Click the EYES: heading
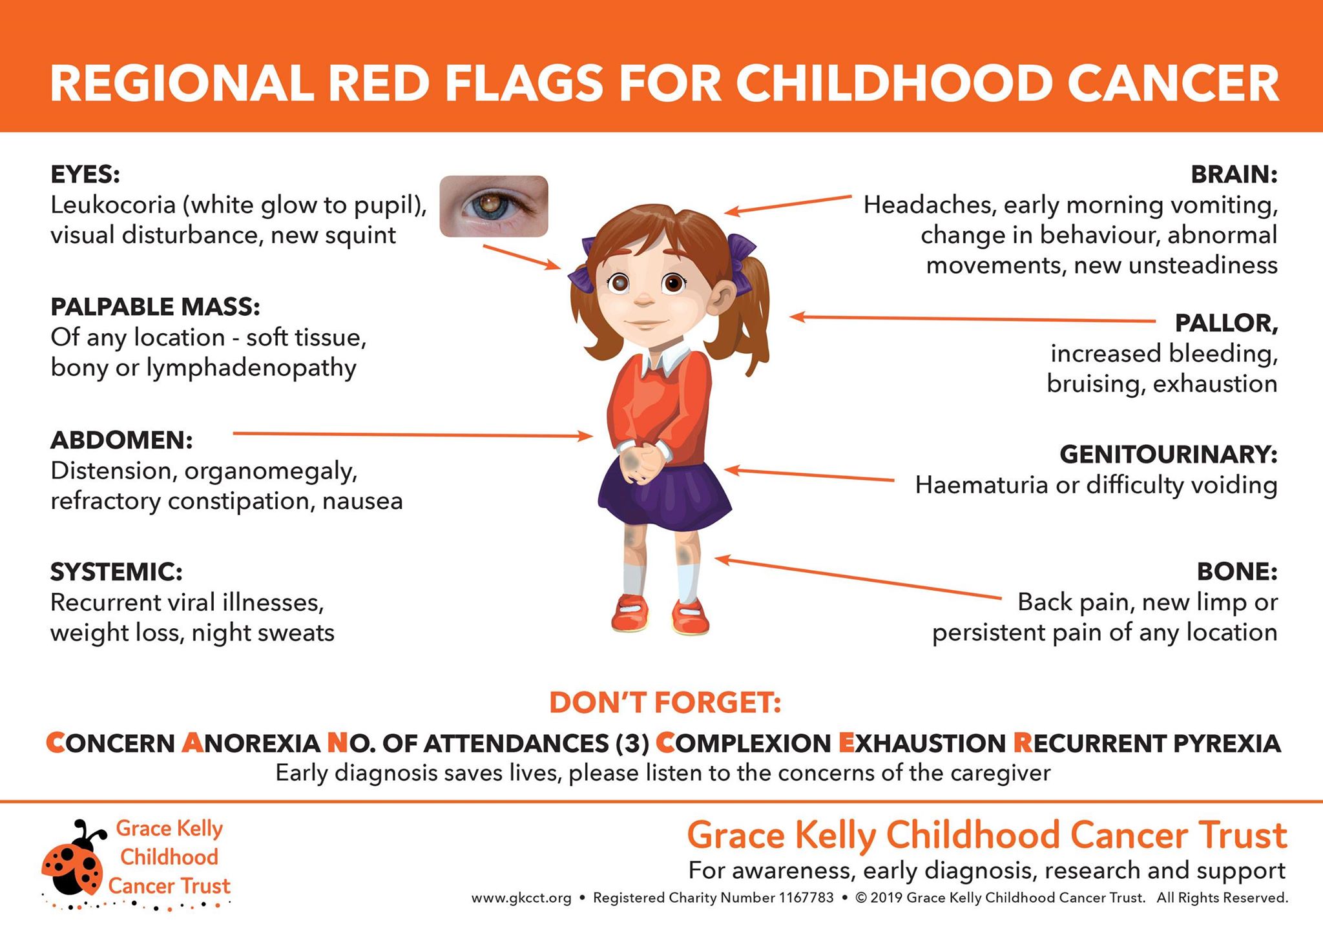point(85,174)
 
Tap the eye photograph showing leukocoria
point(494,206)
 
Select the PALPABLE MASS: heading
point(155,307)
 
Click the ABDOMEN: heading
point(121,440)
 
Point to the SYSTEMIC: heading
point(116,572)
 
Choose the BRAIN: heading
point(1234,174)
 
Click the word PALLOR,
point(1226,323)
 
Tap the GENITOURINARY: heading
point(1169,455)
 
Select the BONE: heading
point(1237,571)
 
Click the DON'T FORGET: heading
point(665,703)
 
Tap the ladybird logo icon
point(72,859)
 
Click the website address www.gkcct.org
point(521,898)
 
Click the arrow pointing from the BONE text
point(858,579)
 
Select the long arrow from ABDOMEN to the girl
point(413,435)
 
